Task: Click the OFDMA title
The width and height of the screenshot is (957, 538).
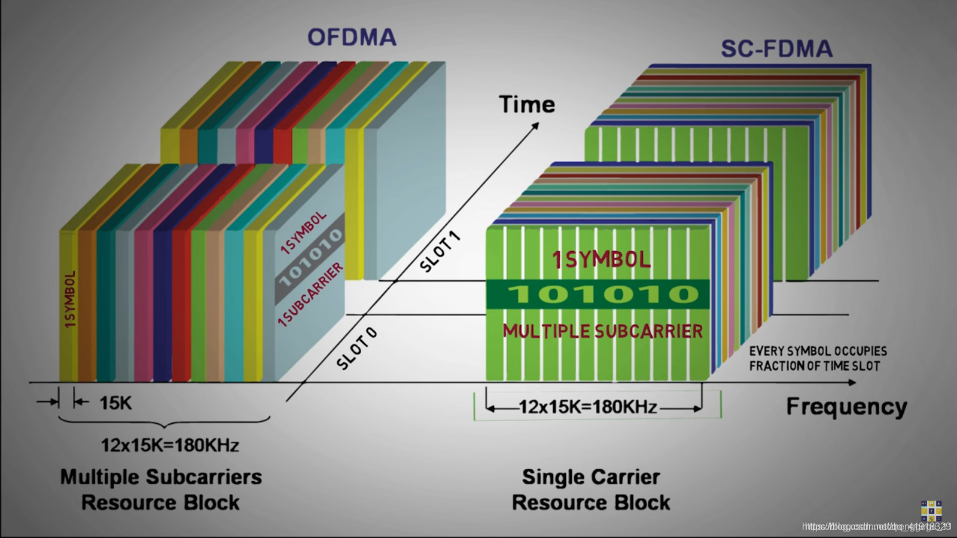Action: tap(352, 37)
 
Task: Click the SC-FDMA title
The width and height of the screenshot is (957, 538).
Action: tap(776, 49)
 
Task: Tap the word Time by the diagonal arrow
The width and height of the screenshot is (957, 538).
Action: tap(527, 105)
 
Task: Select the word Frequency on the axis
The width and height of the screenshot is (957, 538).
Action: tap(846, 406)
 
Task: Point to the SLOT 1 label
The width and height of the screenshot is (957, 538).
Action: tap(440, 252)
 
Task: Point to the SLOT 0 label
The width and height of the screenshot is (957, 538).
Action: tap(357, 349)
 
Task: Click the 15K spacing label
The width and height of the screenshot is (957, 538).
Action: tap(115, 403)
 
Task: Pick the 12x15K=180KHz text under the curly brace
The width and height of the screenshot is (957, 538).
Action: tap(170, 445)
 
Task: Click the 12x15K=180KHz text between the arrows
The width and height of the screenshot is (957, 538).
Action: tap(587, 407)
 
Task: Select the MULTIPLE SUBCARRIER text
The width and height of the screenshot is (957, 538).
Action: tap(602, 331)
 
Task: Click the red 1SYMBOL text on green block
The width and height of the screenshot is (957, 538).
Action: tap(601, 260)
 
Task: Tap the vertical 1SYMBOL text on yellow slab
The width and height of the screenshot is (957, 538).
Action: tap(70, 299)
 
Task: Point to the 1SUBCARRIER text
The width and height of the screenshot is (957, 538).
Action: tap(311, 295)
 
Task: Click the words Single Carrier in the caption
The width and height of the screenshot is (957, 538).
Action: tap(591, 477)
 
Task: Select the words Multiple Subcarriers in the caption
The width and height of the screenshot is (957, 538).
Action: tap(161, 477)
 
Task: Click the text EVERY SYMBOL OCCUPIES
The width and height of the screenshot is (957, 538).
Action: tap(818, 351)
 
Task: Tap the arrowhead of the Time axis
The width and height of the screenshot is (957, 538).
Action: tap(535, 125)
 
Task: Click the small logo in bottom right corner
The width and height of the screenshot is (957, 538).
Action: tap(931, 511)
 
